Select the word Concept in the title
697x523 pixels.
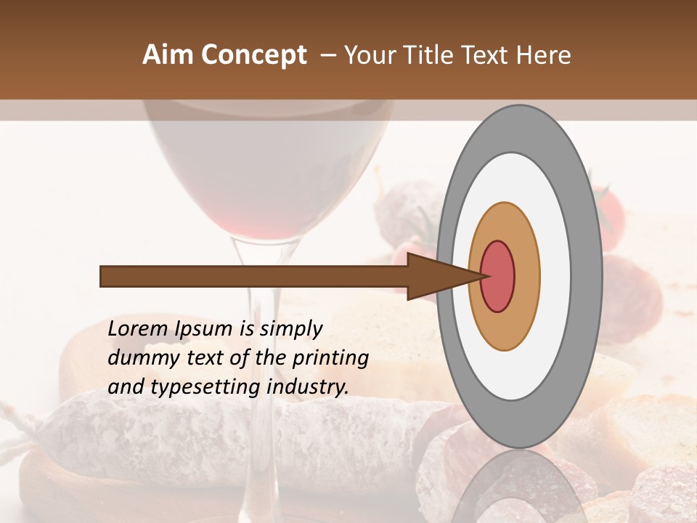coord(253,55)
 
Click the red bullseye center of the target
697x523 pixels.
coord(498,276)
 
